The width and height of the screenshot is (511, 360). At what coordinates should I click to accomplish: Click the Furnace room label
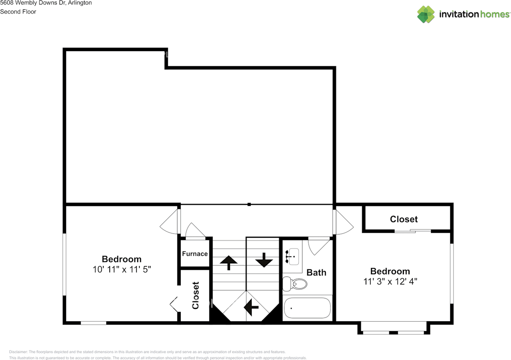195,254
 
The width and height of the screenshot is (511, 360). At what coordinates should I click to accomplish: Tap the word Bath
316,273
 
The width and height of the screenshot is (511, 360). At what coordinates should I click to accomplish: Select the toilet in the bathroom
295,284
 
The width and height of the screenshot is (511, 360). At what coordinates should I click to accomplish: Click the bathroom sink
293,256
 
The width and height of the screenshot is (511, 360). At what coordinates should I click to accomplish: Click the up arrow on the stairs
229,262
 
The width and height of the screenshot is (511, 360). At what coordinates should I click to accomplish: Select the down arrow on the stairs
264,261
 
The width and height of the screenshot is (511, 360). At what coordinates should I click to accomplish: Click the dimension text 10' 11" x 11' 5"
121,269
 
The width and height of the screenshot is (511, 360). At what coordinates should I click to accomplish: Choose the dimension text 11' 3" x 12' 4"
390,281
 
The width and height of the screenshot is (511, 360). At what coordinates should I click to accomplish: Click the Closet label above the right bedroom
404,219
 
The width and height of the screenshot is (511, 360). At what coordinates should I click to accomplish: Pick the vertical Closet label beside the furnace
195,295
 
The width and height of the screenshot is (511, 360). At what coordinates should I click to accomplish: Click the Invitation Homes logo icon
426,14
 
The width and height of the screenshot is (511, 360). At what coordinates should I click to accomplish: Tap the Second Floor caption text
18,12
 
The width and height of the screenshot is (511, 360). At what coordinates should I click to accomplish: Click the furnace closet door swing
195,231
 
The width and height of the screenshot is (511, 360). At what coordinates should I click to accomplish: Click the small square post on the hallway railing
249,204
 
